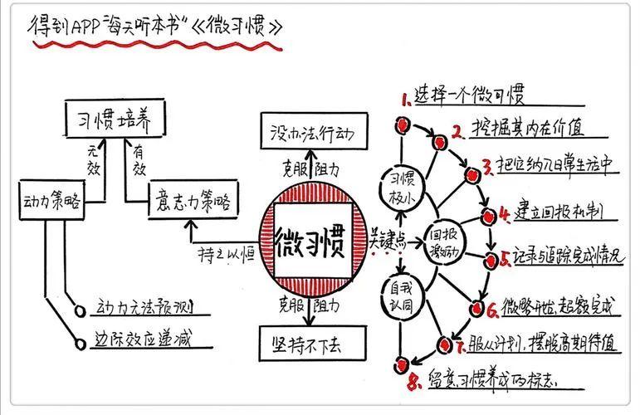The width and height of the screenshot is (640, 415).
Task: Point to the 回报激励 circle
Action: click(441, 239)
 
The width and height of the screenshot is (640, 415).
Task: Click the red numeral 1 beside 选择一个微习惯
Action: click(406, 101)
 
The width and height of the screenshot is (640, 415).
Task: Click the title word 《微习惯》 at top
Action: click(237, 26)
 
